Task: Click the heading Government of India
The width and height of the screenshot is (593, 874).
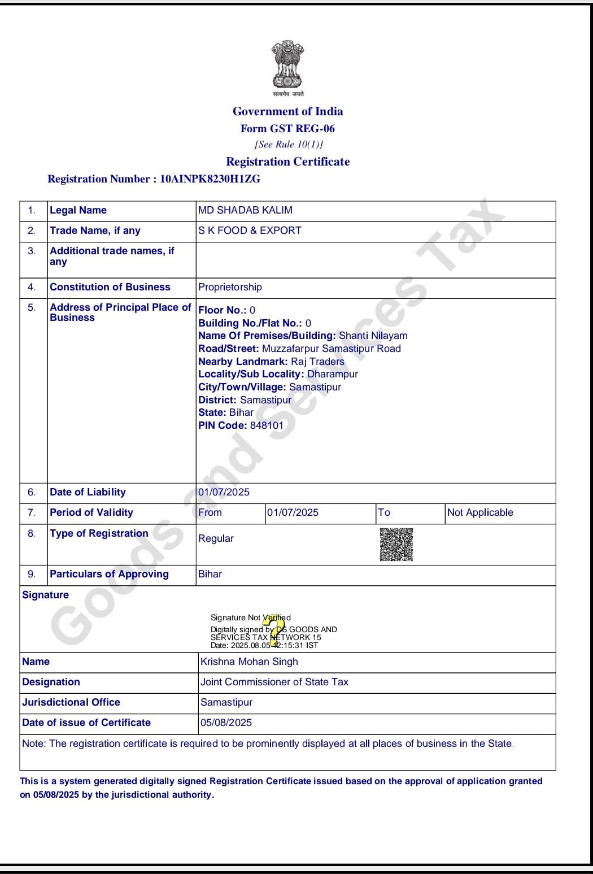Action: pos(287,111)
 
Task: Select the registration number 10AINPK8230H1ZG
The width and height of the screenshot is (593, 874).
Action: pos(210,179)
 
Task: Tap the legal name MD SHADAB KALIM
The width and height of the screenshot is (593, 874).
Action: pos(245,210)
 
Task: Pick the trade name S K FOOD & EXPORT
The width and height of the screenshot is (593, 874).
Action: pos(250,231)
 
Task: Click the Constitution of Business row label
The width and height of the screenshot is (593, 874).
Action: pos(110,287)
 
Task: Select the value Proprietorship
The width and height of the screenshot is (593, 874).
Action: pos(230,287)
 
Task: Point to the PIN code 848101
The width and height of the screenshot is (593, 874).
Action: pos(267,425)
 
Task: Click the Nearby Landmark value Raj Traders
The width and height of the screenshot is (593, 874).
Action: pos(317,362)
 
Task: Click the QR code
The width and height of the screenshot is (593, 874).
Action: pos(396,545)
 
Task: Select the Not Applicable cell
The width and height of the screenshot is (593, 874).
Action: pos(480,512)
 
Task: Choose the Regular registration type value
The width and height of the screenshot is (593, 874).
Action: pos(216,538)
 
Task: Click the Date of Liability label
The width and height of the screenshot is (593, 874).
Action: pos(88,492)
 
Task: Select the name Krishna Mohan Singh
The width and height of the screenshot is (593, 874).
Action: pos(249,662)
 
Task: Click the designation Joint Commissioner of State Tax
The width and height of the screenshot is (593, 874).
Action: pos(274,682)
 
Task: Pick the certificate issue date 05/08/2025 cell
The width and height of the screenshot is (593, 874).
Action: pos(226,723)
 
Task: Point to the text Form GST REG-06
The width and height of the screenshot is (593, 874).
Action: pos(287,128)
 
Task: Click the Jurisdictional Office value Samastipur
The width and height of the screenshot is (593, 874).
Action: pos(226,702)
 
